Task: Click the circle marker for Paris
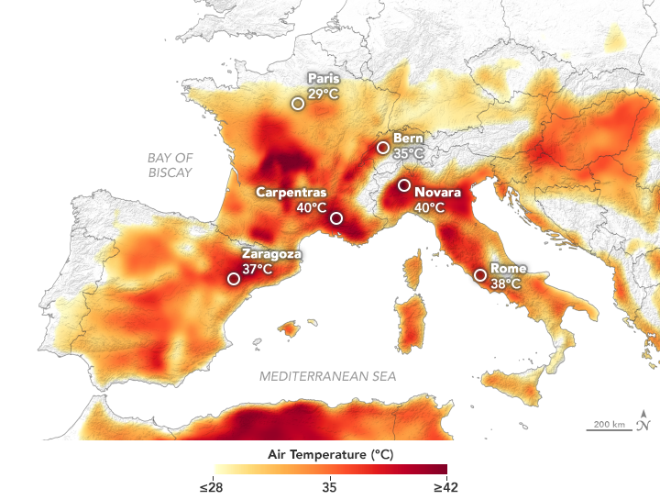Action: (298, 104)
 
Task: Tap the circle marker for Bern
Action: (383, 148)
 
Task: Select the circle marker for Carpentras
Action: (336, 217)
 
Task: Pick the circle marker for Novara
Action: (403, 185)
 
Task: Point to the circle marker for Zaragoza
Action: (234, 280)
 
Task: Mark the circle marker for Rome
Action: (480, 274)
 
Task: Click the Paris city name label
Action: (324, 79)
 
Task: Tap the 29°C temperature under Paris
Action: (324, 94)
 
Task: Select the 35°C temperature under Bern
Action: (409, 153)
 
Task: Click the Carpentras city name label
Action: (291, 193)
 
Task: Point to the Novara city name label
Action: (437, 193)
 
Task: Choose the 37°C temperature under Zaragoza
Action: (258, 269)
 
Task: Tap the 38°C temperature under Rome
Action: (506, 283)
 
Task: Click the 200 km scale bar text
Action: (609, 424)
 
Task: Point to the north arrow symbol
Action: (645, 418)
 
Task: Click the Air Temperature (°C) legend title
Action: (330, 454)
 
